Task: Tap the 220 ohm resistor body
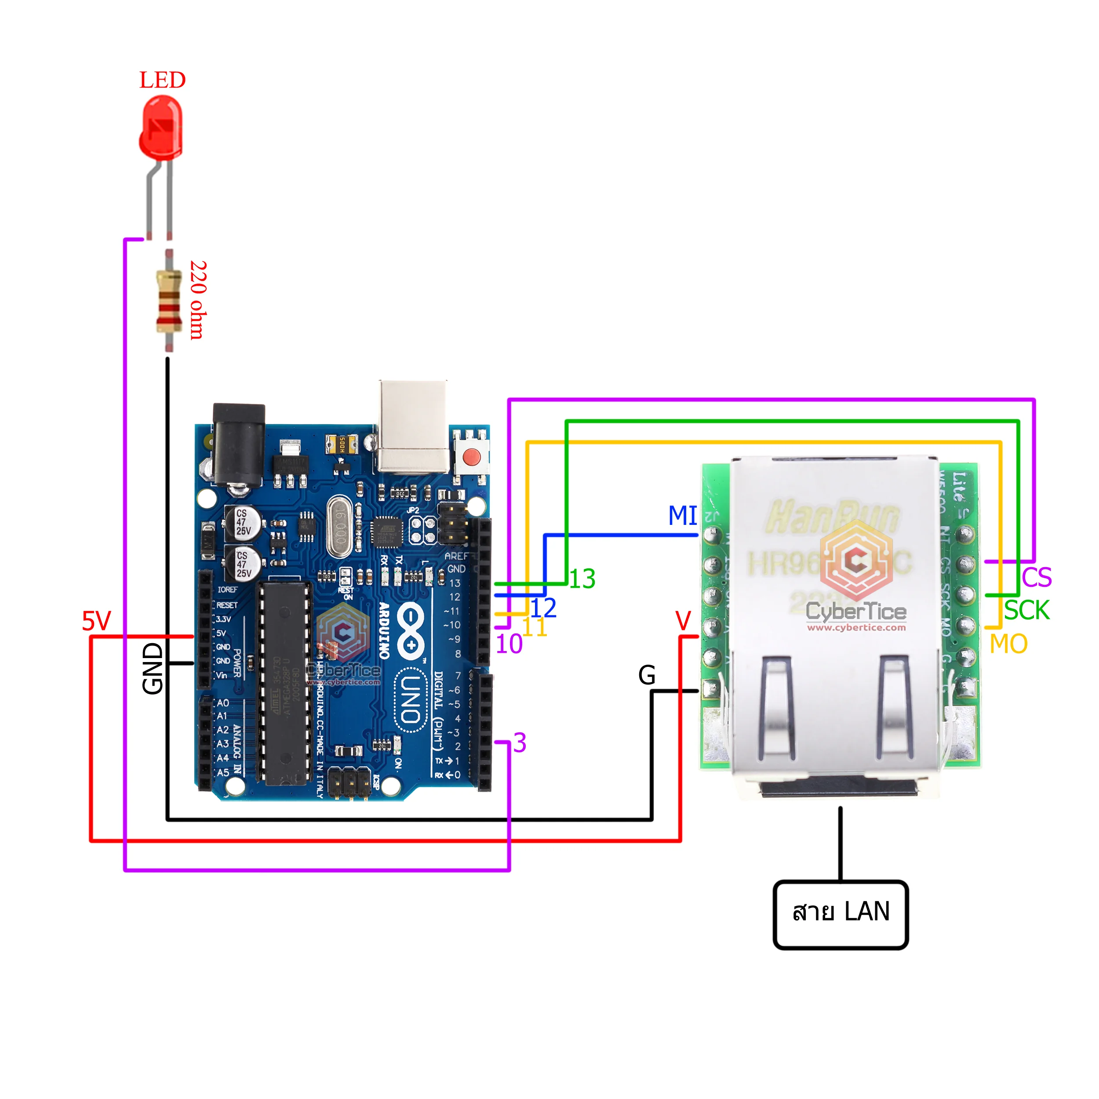(168, 302)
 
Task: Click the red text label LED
(163, 80)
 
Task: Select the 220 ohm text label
(198, 300)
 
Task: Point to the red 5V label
(96, 621)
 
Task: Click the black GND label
(153, 669)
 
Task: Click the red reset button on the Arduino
(472, 455)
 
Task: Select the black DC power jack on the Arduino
(239, 445)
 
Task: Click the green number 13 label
(582, 579)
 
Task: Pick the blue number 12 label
(543, 608)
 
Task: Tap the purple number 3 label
(519, 743)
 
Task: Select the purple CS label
(1037, 577)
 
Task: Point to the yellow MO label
(1008, 644)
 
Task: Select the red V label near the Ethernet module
(683, 621)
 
